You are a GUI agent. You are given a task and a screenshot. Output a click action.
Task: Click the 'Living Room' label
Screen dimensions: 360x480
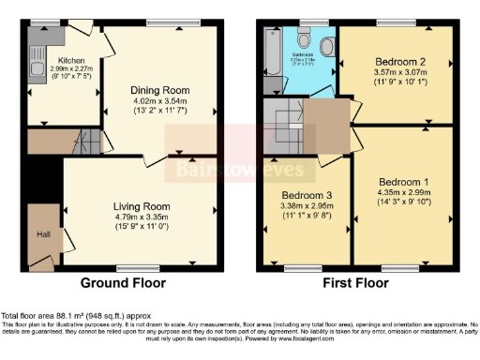[x=140, y=206]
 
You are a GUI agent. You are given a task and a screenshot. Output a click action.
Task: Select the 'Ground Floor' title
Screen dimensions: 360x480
[x=123, y=282]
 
